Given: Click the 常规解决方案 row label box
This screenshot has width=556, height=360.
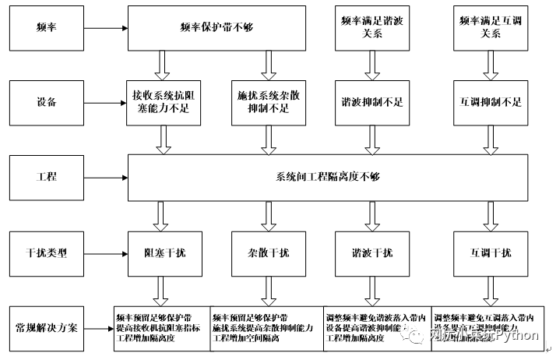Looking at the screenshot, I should click(x=47, y=326).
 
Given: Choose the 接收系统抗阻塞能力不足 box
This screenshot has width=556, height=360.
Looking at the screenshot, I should click(x=164, y=102).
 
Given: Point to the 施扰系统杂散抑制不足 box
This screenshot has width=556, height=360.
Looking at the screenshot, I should click(x=268, y=102).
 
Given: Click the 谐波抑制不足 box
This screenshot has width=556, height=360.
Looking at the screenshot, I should click(x=367, y=102).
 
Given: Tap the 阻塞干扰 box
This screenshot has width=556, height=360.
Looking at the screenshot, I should click(x=164, y=252).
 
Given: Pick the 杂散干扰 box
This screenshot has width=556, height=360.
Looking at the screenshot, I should click(x=268, y=252).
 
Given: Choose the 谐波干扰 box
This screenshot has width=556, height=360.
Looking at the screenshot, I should click(x=367, y=252).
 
